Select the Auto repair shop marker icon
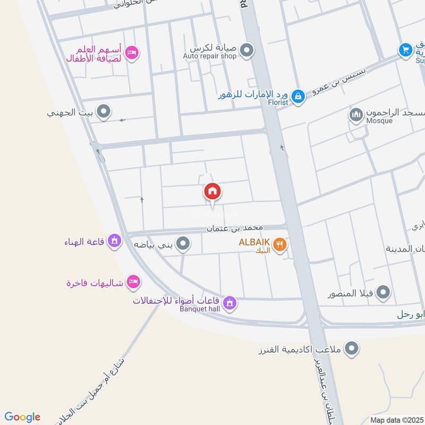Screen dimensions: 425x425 pos(246,50)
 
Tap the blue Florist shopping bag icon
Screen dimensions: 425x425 pos(298,96)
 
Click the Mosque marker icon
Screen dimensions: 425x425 pos(356,114)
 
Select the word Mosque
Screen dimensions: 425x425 pos(379,121)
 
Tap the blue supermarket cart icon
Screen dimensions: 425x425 pos(406,50)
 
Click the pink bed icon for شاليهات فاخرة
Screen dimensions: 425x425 pos(134,281)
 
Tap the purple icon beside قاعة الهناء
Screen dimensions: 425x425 pos(113,242)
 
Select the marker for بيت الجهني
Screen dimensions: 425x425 pos(104,112)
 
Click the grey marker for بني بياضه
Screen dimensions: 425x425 pos(183,244)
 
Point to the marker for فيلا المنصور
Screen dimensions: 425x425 pos(382,292)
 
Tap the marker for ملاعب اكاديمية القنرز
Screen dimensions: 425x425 pos(351,349)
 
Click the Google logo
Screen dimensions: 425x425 pos(22,417)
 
